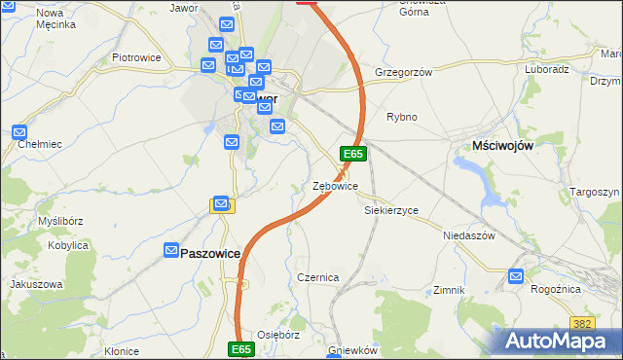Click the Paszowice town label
[x=210, y=252]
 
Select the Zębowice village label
[x=335, y=186]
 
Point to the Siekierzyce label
[x=391, y=210]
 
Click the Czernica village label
[x=318, y=277]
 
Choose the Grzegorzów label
[x=403, y=72]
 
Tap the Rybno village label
[x=402, y=117]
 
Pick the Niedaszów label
[x=470, y=235]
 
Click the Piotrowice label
[x=136, y=57]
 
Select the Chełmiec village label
[x=40, y=144]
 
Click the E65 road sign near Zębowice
[x=352, y=154]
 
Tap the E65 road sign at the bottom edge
[x=242, y=348]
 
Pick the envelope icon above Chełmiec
[x=20, y=130]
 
